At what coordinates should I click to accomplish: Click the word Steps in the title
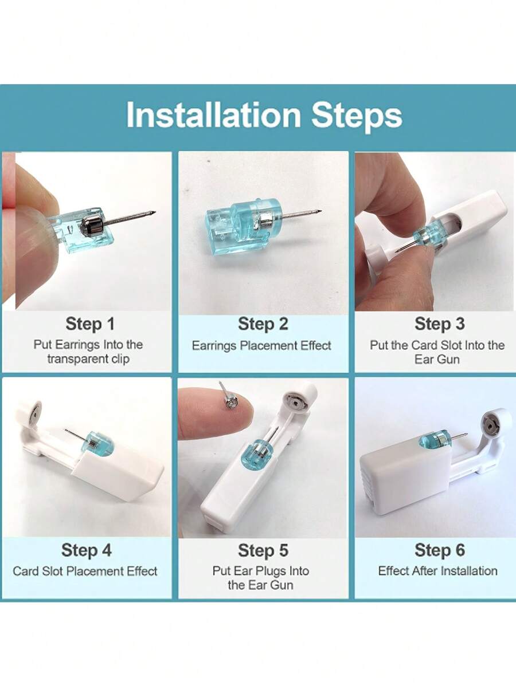click(357, 116)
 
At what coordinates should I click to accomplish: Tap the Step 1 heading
click(90, 324)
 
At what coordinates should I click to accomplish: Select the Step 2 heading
click(263, 324)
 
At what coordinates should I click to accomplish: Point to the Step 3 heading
click(439, 324)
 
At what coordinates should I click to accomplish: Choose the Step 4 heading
click(87, 550)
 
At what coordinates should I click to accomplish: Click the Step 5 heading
click(263, 550)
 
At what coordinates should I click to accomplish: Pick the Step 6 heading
click(439, 550)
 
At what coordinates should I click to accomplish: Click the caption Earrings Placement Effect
click(261, 346)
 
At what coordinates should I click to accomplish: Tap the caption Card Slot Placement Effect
click(85, 571)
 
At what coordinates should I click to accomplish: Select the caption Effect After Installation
click(437, 571)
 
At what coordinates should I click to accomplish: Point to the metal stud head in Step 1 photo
click(92, 224)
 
